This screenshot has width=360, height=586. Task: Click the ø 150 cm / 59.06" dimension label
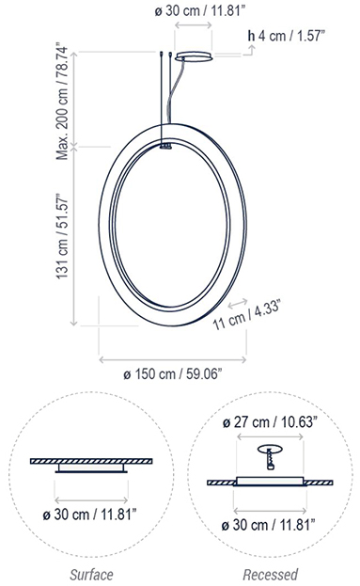click(173, 373)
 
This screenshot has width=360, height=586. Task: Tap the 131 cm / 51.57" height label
click(63, 236)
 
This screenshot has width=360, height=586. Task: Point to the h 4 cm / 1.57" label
click(286, 36)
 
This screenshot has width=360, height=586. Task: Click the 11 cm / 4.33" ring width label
click(246, 316)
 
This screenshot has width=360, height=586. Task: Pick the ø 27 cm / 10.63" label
click(270, 422)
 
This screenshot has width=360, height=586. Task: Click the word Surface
click(91, 575)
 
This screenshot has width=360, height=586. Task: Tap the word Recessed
click(271, 575)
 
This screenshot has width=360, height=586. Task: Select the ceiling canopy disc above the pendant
click(195, 56)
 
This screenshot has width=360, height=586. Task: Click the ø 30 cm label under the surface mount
click(89, 515)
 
